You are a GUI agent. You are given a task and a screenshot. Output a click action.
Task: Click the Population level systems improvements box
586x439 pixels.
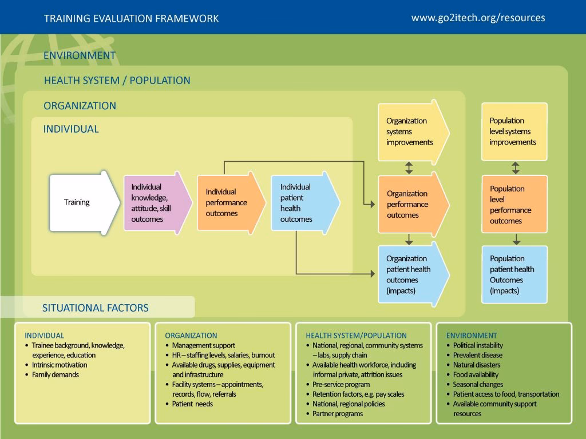click(514, 131)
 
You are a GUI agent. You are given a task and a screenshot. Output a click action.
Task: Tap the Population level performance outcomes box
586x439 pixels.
click(514, 204)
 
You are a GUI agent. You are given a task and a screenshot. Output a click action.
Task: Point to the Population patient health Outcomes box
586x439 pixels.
click(514, 274)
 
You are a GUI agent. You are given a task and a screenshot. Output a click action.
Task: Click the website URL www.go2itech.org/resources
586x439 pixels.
click(478, 18)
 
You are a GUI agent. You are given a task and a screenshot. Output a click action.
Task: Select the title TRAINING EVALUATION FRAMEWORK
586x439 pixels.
click(131, 18)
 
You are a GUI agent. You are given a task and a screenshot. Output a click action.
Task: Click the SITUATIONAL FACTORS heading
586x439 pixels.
click(96, 308)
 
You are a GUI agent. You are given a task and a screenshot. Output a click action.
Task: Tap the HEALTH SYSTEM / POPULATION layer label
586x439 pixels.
click(117, 81)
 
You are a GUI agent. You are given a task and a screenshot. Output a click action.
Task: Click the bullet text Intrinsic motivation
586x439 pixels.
click(60, 365)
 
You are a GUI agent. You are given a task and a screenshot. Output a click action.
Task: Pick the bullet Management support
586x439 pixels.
click(203, 345)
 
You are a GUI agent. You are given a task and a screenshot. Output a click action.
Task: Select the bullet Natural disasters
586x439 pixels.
click(476, 365)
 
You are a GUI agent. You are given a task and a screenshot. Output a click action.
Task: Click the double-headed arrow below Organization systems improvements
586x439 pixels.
click(409, 167)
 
